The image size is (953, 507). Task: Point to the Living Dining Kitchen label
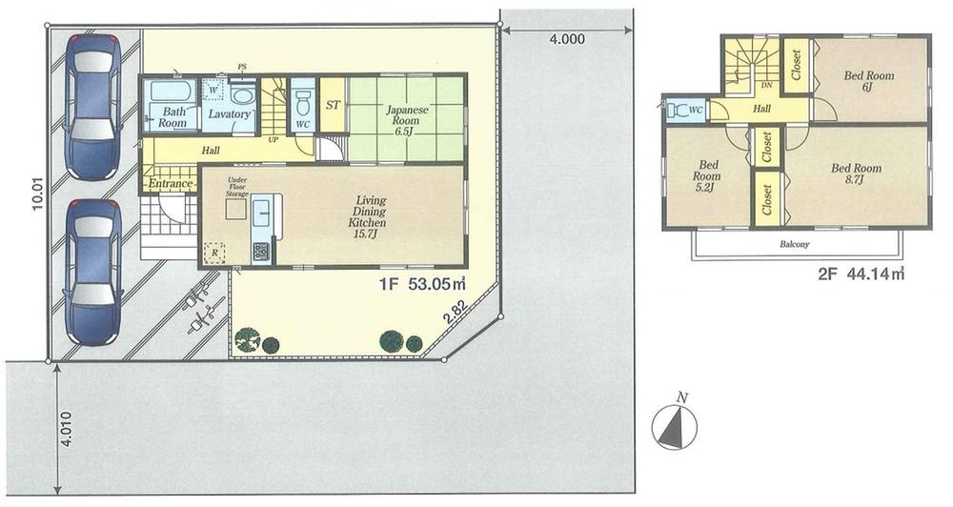371,212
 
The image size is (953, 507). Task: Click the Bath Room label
172,117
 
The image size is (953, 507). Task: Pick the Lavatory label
229,115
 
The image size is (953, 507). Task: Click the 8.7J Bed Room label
856,174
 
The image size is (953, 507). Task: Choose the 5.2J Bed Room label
706,181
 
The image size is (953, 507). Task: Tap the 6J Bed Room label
868,81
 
